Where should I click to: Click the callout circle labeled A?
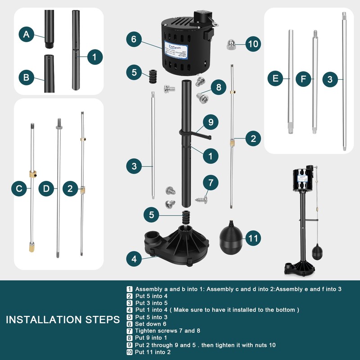click(x=27, y=34)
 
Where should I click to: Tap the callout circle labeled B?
click(x=27, y=77)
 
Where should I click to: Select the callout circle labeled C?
click(x=19, y=189)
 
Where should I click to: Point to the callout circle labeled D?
click(x=47, y=189)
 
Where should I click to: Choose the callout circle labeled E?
click(x=275, y=79)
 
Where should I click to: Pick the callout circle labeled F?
click(x=304, y=79)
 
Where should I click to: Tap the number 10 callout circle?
click(x=253, y=44)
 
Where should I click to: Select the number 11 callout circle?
click(x=253, y=238)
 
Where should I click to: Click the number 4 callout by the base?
click(x=134, y=259)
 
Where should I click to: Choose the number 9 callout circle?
click(x=210, y=121)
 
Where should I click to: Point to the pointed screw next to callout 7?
click(x=200, y=197)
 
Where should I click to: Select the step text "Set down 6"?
click(x=151, y=324)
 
